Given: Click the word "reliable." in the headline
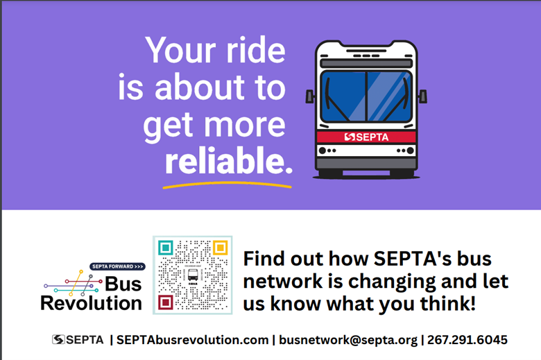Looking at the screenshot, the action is click(229, 160).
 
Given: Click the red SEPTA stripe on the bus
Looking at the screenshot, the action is click(366, 137).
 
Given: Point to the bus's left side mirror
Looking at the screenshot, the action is click(310, 96).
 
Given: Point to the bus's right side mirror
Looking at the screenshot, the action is click(423, 96).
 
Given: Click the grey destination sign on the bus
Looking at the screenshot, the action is click(366, 63).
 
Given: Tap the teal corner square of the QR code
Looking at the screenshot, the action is click(166, 248).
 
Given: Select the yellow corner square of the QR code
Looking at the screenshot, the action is click(220, 248).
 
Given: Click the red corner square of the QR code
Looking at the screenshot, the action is click(166, 302).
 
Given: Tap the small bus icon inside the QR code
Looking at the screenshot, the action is click(193, 275).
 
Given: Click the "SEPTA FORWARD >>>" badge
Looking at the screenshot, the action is click(118, 266).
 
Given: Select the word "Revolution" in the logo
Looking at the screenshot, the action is click(91, 303).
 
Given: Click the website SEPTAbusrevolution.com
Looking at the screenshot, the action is click(193, 340).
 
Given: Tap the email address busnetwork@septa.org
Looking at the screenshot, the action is click(348, 341).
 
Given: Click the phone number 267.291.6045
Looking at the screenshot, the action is click(467, 340).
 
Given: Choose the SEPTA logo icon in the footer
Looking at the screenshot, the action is click(58, 340).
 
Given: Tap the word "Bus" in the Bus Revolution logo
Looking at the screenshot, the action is click(123, 284).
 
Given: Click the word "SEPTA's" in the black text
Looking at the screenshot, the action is click(413, 259).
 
